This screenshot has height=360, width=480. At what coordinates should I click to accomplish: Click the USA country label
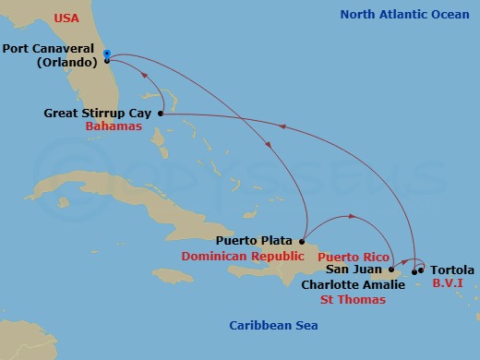tap(67, 18)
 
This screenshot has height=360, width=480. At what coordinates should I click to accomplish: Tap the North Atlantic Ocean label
tap(403, 14)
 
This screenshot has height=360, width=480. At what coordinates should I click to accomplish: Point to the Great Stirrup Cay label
tap(97, 113)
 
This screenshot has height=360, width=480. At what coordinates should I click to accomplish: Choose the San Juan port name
tap(354, 270)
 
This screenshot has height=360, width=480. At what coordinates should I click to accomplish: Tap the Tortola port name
tap(453, 270)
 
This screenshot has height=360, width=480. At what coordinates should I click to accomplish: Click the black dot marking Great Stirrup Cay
tap(162, 114)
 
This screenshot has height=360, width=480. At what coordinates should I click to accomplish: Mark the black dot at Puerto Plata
tap(302, 239)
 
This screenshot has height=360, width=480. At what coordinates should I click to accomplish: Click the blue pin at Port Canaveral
tap(107, 54)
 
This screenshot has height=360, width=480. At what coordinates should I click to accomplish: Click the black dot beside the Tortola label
tap(422, 270)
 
